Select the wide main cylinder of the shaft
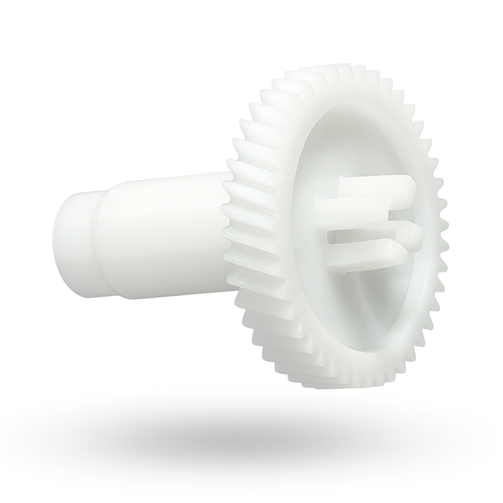(168, 235)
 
